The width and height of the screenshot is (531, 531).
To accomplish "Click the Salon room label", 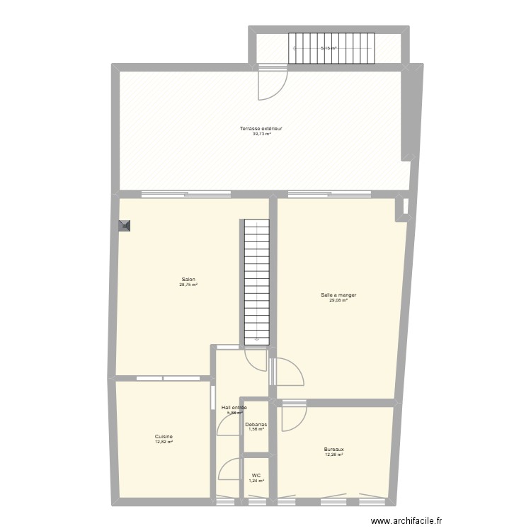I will tap(188, 279).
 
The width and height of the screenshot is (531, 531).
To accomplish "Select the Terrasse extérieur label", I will tap(261, 129).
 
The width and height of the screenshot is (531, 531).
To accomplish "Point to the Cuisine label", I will tap(164, 437).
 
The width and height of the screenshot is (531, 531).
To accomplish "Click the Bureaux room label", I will tap(334, 449).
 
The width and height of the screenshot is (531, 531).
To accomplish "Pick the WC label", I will tap(256, 476).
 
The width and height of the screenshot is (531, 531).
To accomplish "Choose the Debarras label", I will tap(256, 424).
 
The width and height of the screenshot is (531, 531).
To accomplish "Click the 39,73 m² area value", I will tap(261, 134).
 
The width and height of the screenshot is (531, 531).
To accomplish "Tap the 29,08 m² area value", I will tap(338, 299).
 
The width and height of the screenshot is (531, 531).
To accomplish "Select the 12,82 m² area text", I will tap(164, 442).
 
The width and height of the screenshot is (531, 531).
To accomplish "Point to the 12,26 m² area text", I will tap(334, 455).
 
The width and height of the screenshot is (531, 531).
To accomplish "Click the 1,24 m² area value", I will tap(256, 481).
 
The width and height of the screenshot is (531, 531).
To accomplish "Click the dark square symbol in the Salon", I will tap(125, 226).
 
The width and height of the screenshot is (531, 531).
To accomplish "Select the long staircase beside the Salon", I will tap(257, 282).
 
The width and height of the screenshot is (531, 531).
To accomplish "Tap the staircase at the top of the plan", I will tap(331, 47).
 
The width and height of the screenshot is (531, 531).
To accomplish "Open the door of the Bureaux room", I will tap(293, 418).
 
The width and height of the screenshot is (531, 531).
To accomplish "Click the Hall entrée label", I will tap(234, 408).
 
